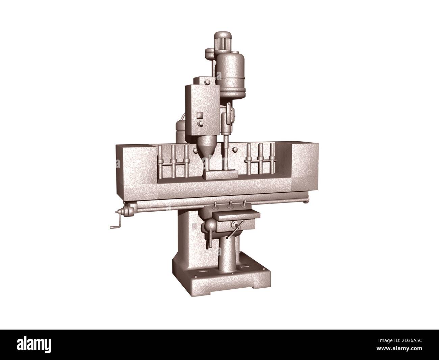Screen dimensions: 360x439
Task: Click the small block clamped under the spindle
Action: (x=220, y=175)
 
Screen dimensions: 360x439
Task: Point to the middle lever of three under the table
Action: (x=230, y=204)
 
